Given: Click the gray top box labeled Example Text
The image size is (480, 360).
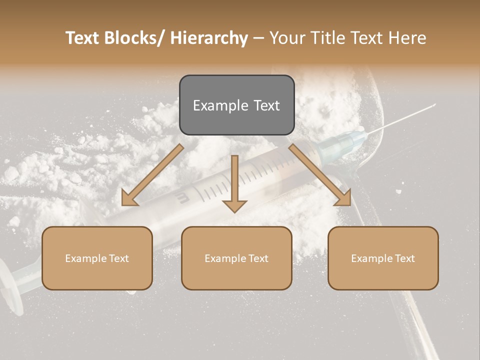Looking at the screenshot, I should (236, 105).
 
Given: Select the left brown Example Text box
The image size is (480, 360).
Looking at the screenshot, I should (97, 258).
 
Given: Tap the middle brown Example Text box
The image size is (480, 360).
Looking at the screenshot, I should (236, 258).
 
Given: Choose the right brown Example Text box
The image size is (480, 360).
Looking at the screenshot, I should (383, 258).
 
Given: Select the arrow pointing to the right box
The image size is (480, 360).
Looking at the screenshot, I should (320, 175).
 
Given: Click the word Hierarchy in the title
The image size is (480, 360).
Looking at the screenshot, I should (209, 38).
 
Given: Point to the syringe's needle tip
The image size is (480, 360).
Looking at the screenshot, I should (434, 104).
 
